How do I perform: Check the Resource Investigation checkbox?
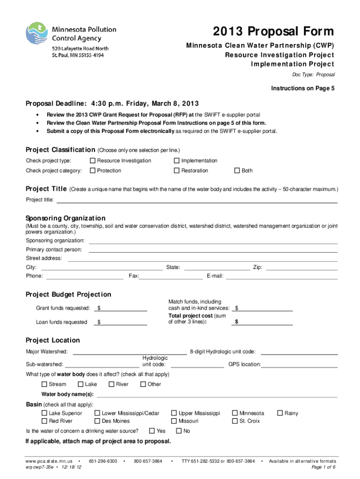point(93,161)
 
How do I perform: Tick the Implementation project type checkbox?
point(177,161)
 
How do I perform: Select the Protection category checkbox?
point(93,171)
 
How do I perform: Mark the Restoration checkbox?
point(177,171)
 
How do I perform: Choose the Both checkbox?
point(237,171)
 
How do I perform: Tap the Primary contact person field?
point(213,250)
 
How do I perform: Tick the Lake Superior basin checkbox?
point(44,414)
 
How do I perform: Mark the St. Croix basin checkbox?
point(235,421)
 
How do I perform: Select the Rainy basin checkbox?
point(280,414)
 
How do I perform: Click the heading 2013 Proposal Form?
point(274,31)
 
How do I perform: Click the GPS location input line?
point(299,365)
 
